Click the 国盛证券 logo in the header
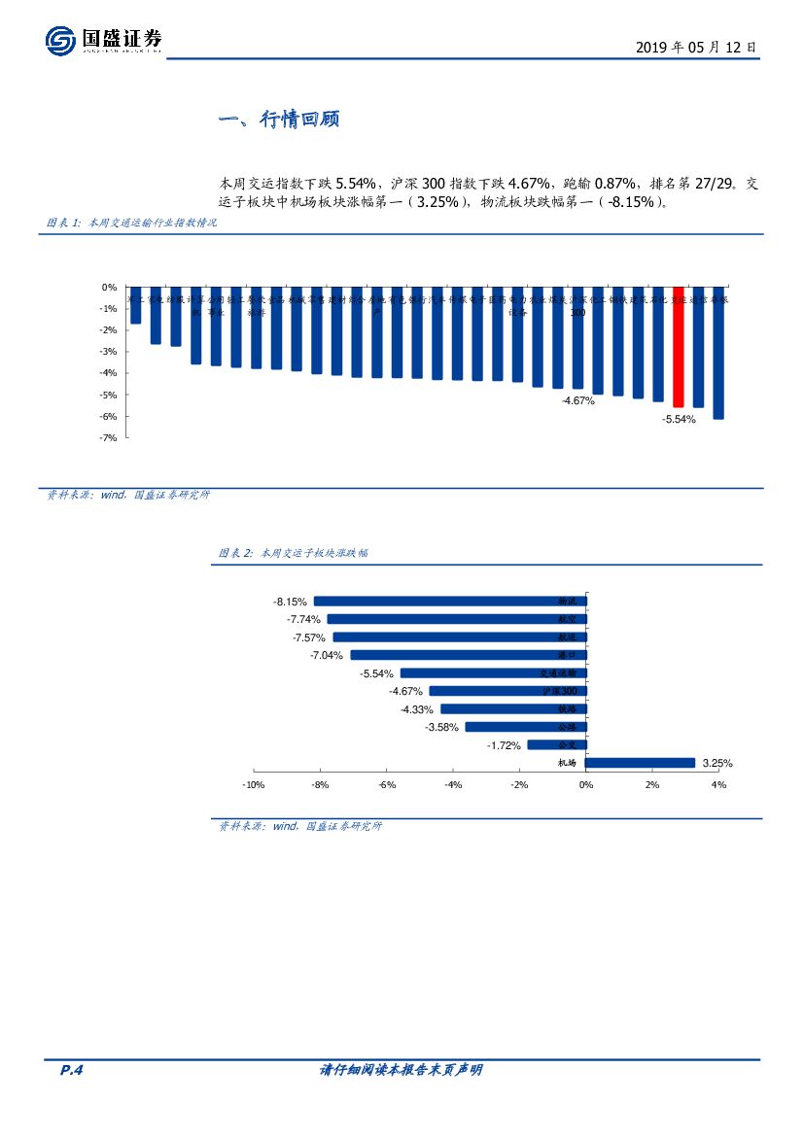tap(103, 41)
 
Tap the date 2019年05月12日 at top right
tap(695, 47)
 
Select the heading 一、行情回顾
tap(278, 120)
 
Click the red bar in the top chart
tap(679, 347)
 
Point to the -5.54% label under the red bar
tap(679, 419)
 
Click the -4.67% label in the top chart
tap(577, 400)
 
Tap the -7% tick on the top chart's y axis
tap(109, 438)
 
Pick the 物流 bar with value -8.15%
tap(450, 602)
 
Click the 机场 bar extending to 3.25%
tap(641, 763)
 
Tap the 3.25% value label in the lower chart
tap(717, 764)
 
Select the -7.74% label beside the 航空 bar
tap(303, 619)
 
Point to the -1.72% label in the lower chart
tap(504, 745)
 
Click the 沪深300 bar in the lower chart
tap(507, 691)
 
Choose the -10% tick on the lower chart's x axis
tap(253, 784)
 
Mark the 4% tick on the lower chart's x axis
tap(718, 784)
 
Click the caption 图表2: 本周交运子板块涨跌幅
tap(293, 553)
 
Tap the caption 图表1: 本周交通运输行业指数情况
tap(132, 223)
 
